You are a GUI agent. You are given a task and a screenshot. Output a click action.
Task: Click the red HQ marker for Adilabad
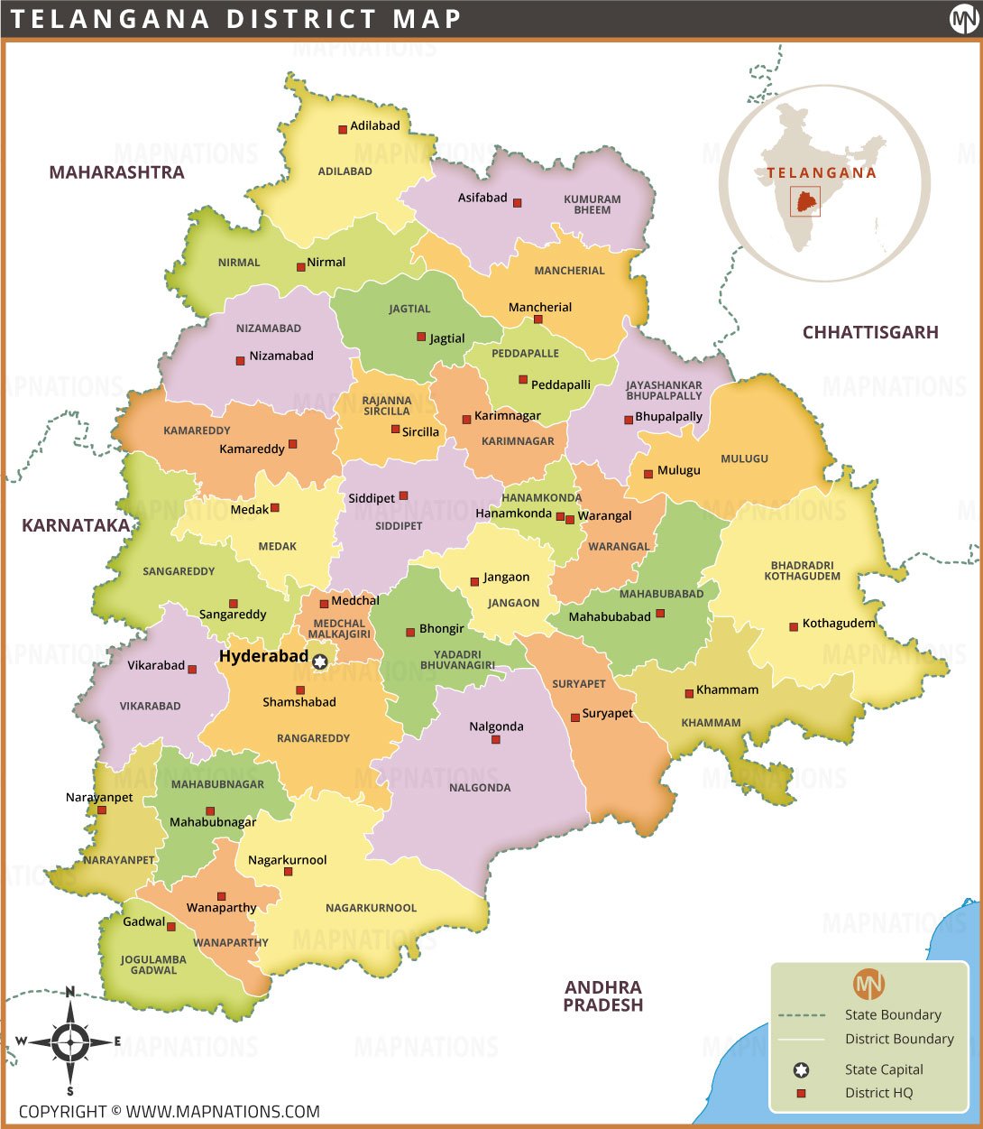tap(343, 130)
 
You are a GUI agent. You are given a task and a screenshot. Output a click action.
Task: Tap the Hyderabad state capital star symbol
tap(319, 662)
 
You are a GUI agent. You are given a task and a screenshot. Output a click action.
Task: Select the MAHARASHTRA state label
tap(116, 172)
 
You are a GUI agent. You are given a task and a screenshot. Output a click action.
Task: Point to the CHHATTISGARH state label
tap(870, 332)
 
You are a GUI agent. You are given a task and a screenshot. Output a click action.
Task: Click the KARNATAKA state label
tap(76, 525)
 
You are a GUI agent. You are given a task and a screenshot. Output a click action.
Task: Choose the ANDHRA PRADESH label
tap(603, 996)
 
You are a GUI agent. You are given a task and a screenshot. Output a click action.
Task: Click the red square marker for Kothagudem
tap(794, 626)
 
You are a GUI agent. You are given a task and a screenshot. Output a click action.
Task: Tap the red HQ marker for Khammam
tap(689, 693)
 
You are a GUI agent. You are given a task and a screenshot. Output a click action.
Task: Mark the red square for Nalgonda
tap(495, 740)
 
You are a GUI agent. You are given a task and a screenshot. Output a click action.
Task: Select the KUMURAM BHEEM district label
tap(593, 205)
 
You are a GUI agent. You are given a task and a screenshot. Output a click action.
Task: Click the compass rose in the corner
tap(69, 1041)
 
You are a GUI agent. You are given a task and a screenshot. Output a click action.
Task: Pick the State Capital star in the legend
tap(801, 1070)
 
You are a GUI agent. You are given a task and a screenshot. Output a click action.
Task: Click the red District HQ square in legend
tap(801, 1094)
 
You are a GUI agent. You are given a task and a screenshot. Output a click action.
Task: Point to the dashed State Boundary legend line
tap(801, 1015)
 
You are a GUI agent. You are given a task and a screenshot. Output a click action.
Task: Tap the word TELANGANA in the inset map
tap(822, 173)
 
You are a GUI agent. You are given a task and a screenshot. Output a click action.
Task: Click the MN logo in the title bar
tap(962, 19)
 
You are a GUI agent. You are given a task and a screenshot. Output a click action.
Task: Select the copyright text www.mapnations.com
tap(169, 1112)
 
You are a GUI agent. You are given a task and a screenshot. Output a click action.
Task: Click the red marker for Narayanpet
tap(102, 810)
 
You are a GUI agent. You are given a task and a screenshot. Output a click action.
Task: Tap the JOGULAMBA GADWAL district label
tap(153, 965)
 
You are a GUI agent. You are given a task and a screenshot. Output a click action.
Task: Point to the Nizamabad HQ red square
tap(240, 361)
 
